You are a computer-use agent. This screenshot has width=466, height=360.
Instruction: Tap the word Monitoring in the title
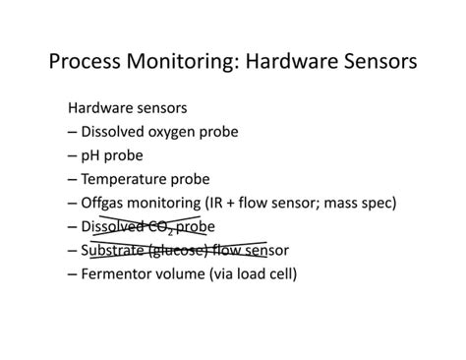tap(185, 62)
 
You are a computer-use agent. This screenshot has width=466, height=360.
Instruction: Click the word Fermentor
tap(121, 273)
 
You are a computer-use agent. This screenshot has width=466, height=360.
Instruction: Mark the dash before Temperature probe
tap(73, 179)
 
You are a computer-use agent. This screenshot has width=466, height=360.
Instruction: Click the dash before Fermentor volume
tap(73, 273)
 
